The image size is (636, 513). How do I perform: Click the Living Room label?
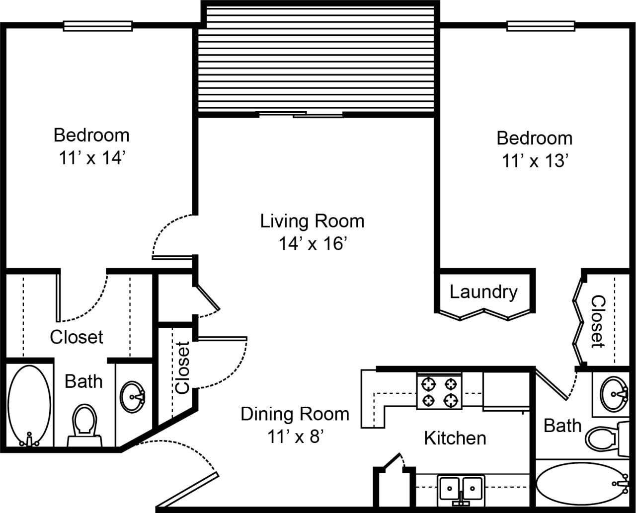point(312,221)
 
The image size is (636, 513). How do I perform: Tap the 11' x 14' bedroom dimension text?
point(91,158)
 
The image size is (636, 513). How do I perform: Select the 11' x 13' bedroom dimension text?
point(534,161)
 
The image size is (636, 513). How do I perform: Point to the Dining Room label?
point(295,414)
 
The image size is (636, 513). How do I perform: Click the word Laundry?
point(483,292)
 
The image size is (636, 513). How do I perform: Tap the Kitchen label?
point(455,438)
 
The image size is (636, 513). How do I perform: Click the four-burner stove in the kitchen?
point(439,391)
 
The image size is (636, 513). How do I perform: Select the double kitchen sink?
point(461,488)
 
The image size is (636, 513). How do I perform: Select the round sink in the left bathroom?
point(133,396)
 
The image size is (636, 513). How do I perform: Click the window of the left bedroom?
point(98,26)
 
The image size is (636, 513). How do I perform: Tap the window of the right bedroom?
point(541,26)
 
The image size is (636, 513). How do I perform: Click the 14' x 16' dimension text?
point(312,244)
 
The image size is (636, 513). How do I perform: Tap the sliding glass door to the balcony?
point(302,115)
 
